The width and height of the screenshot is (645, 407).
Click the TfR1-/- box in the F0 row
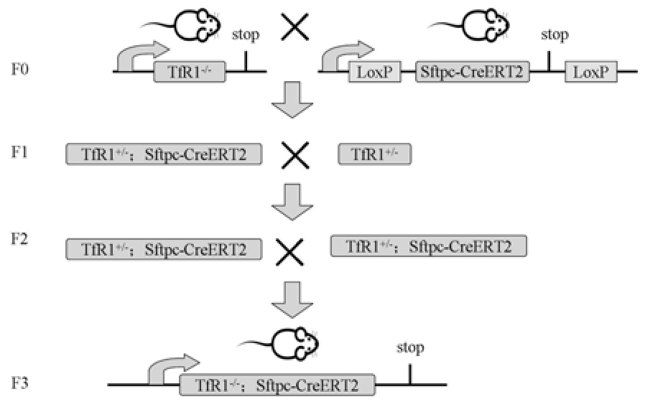coord(190,71)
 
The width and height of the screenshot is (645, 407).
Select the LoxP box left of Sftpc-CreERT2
coord(374,72)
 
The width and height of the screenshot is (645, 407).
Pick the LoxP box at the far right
coord(590,72)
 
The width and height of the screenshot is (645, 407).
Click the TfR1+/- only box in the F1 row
coord(374,154)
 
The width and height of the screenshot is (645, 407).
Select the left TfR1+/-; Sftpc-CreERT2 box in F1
coord(163,154)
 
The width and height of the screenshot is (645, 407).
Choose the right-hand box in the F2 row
coord(428,245)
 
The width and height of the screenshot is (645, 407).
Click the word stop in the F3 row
coord(410,348)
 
